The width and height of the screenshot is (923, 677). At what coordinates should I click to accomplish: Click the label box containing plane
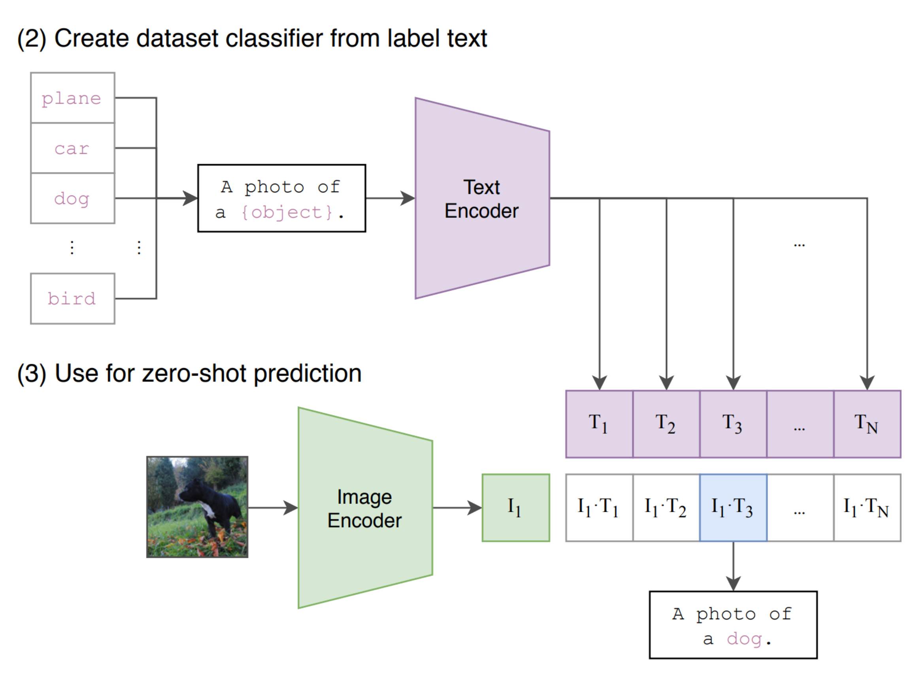tap(72, 98)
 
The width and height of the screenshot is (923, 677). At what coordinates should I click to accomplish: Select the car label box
tap(72, 148)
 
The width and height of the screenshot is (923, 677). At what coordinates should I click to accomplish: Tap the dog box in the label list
tap(72, 199)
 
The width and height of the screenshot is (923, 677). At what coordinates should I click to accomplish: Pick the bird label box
tap(72, 298)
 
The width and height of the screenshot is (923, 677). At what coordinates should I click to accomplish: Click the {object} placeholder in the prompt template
tap(287, 212)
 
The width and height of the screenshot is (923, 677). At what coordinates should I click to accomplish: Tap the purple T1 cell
tap(599, 424)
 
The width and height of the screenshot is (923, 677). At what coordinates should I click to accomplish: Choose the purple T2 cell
tap(666, 424)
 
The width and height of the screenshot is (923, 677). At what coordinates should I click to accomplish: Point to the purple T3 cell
tap(733, 424)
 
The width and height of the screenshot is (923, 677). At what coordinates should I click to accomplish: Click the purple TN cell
tap(867, 424)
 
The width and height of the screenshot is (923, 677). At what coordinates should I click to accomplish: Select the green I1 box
tap(515, 508)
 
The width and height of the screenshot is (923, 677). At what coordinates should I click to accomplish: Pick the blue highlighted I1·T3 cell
tap(733, 508)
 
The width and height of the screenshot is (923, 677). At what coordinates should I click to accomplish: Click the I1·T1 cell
tap(599, 508)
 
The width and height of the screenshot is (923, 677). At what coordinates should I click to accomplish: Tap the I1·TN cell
tap(867, 508)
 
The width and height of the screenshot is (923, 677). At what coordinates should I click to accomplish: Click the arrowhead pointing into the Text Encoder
tap(408, 199)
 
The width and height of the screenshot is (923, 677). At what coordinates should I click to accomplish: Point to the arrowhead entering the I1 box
tap(475, 508)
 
